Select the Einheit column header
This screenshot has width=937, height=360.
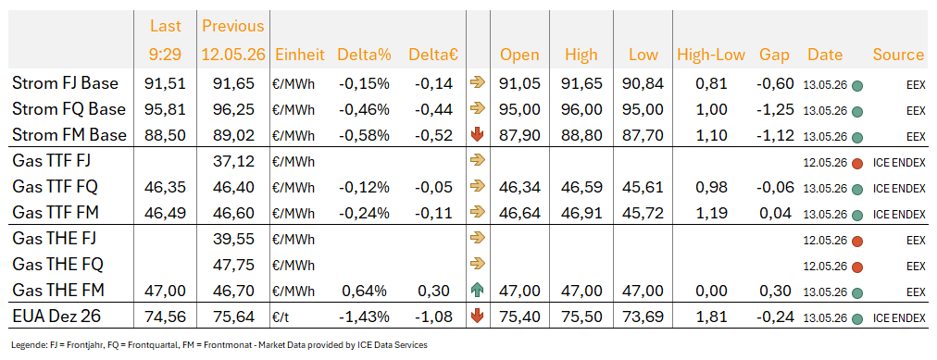coord(300,55)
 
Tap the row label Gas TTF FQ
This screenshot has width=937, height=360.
coord(55,187)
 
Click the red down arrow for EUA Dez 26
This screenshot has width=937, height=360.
coord(477,316)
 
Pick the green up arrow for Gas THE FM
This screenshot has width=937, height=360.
coord(477,291)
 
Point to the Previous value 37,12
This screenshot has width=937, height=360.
coord(233,161)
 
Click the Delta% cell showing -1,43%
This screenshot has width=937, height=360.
coord(364,316)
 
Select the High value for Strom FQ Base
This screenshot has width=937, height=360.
coord(581,110)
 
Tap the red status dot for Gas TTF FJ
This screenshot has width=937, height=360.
coord(857,162)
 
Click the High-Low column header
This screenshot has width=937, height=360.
coord(711,55)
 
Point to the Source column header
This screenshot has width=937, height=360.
coord(899,55)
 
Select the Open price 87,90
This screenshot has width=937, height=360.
coord(518,135)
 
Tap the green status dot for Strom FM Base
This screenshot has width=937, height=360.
coord(857,137)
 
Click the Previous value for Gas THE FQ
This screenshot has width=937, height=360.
coord(233,264)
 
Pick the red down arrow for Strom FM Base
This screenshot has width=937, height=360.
coord(477,135)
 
